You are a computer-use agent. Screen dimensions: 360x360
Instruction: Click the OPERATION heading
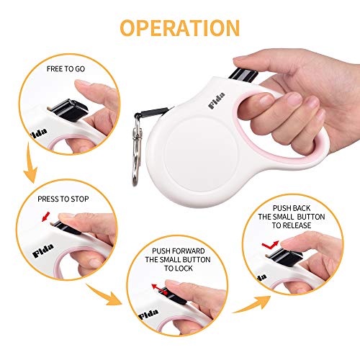click(179, 27)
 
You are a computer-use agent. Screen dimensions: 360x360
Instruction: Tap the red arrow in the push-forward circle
click(155, 285)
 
